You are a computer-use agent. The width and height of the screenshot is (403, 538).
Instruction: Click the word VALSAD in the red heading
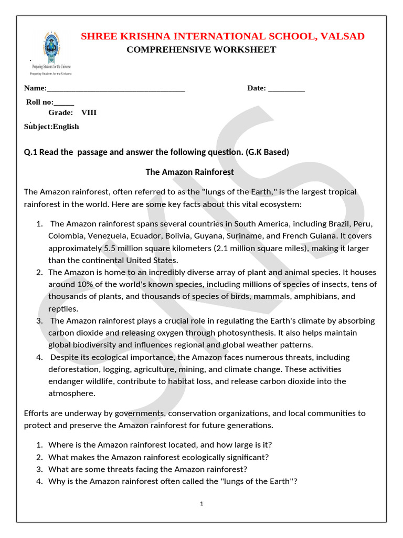(x=340, y=36)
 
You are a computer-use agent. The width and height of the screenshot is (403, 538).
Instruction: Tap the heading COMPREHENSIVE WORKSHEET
(x=201, y=50)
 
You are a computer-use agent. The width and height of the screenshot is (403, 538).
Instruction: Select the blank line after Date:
(x=286, y=89)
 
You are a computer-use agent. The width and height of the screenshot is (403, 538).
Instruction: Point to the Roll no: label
(x=40, y=102)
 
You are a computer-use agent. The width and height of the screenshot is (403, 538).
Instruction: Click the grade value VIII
(x=89, y=112)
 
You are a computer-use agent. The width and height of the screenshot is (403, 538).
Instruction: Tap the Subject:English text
(x=51, y=127)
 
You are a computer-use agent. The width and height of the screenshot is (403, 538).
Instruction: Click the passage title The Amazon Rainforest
(x=189, y=172)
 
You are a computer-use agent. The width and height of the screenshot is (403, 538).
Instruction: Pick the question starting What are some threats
(x=147, y=469)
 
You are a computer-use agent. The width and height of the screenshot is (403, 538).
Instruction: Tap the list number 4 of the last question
(x=39, y=481)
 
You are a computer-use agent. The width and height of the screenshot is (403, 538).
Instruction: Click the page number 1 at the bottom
(x=201, y=504)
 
